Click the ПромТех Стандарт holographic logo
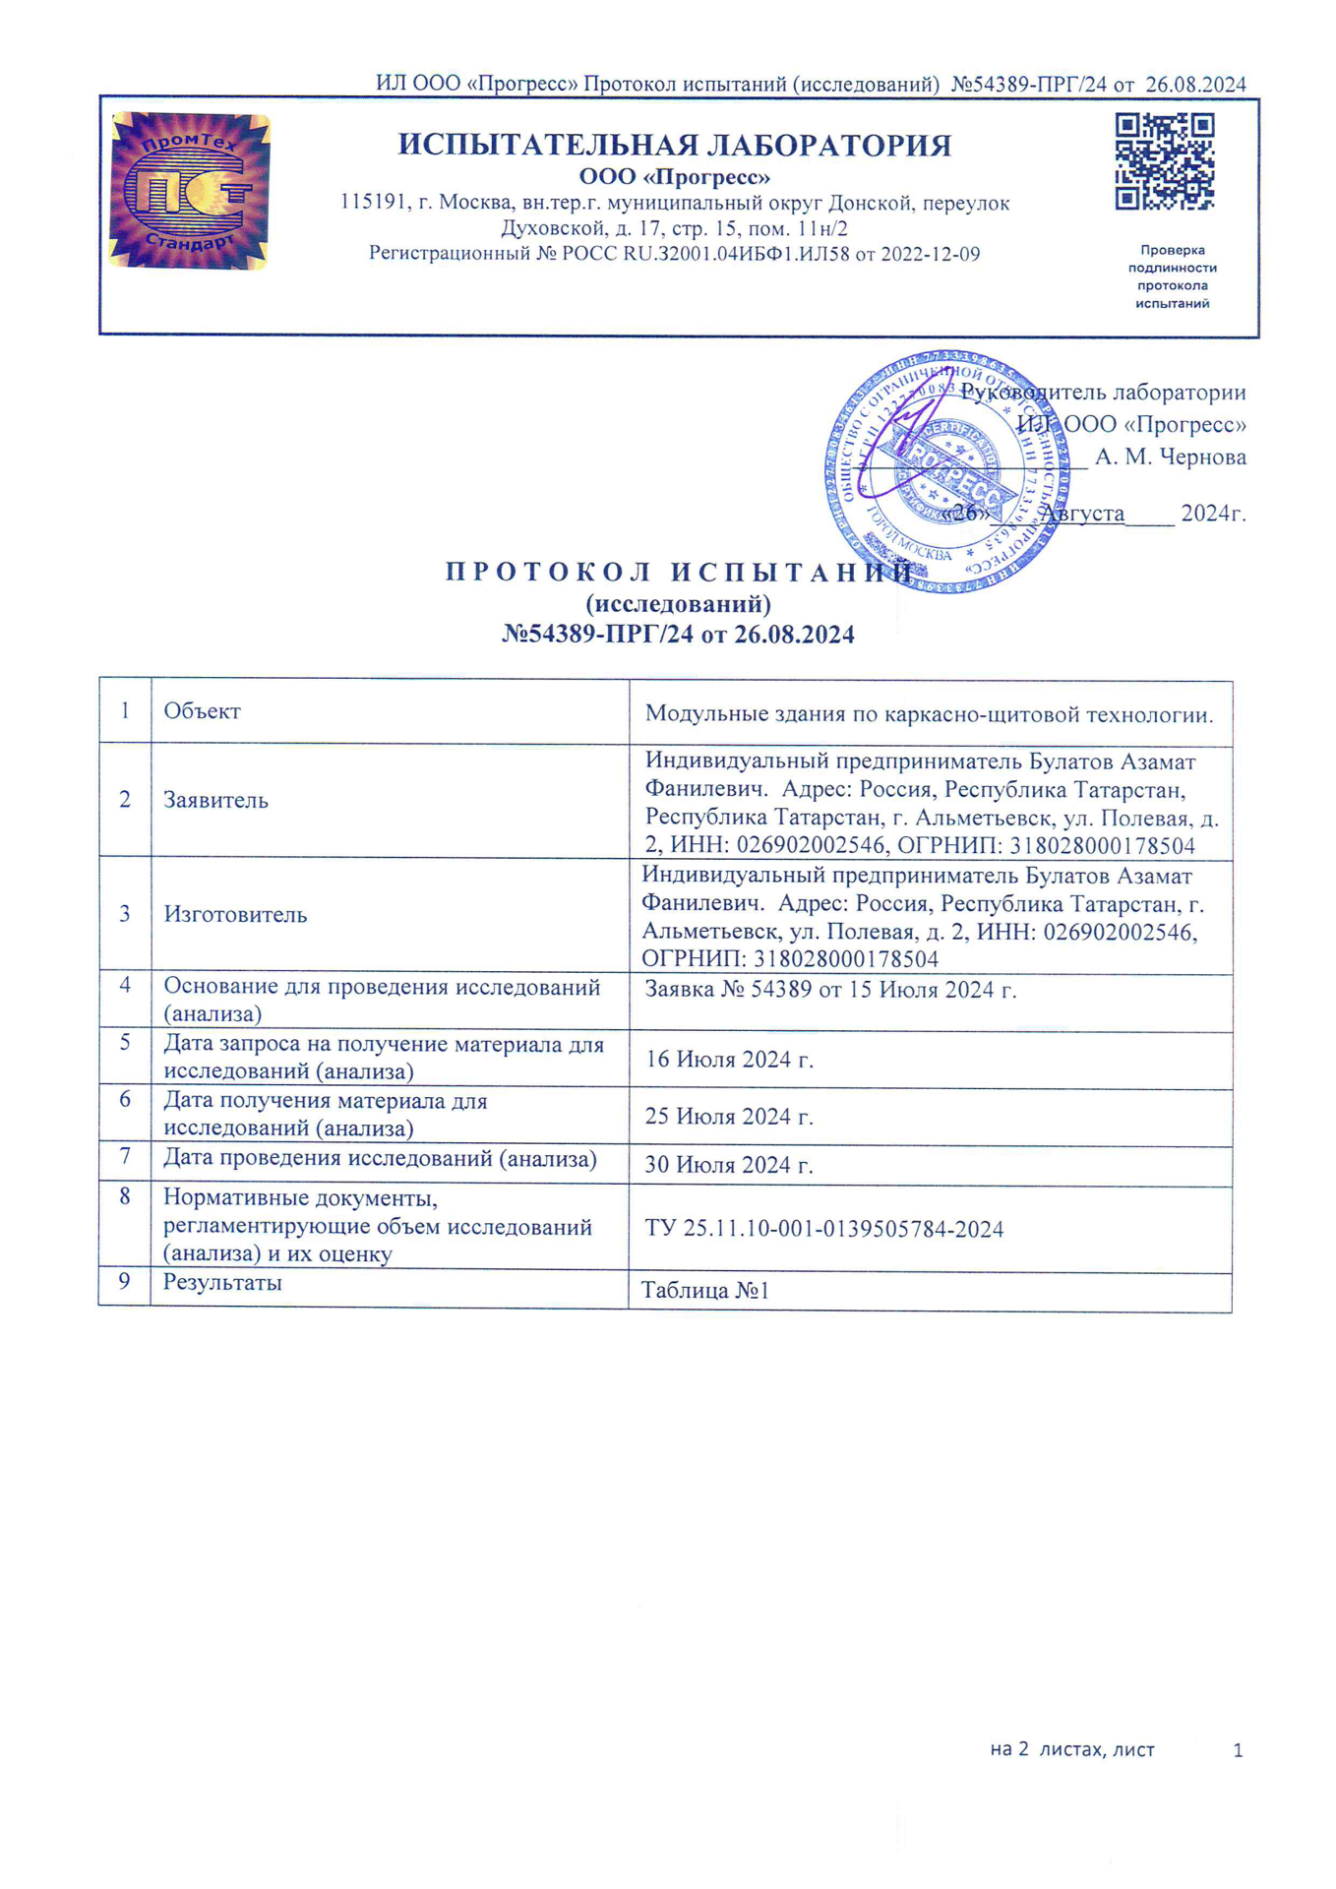point(190,191)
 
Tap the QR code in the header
point(1164,161)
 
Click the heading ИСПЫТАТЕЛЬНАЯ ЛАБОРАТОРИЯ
point(674,146)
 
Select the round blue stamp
point(945,472)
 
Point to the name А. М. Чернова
point(1170,457)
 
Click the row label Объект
point(202,711)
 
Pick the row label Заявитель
point(215,800)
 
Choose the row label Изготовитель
point(235,914)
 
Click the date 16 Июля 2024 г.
point(729,1060)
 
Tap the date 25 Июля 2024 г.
point(729,1117)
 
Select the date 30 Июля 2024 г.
point(729,1165)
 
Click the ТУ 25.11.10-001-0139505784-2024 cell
point(823,1229)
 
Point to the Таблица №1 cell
point(704,1290)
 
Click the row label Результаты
point(222,1282)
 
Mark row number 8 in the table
point(125,1197)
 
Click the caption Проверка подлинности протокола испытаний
point(1172,276)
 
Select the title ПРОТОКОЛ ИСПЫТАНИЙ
point(679,573)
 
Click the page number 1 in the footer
point(1238,1750)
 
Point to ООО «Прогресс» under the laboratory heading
point(674,178)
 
